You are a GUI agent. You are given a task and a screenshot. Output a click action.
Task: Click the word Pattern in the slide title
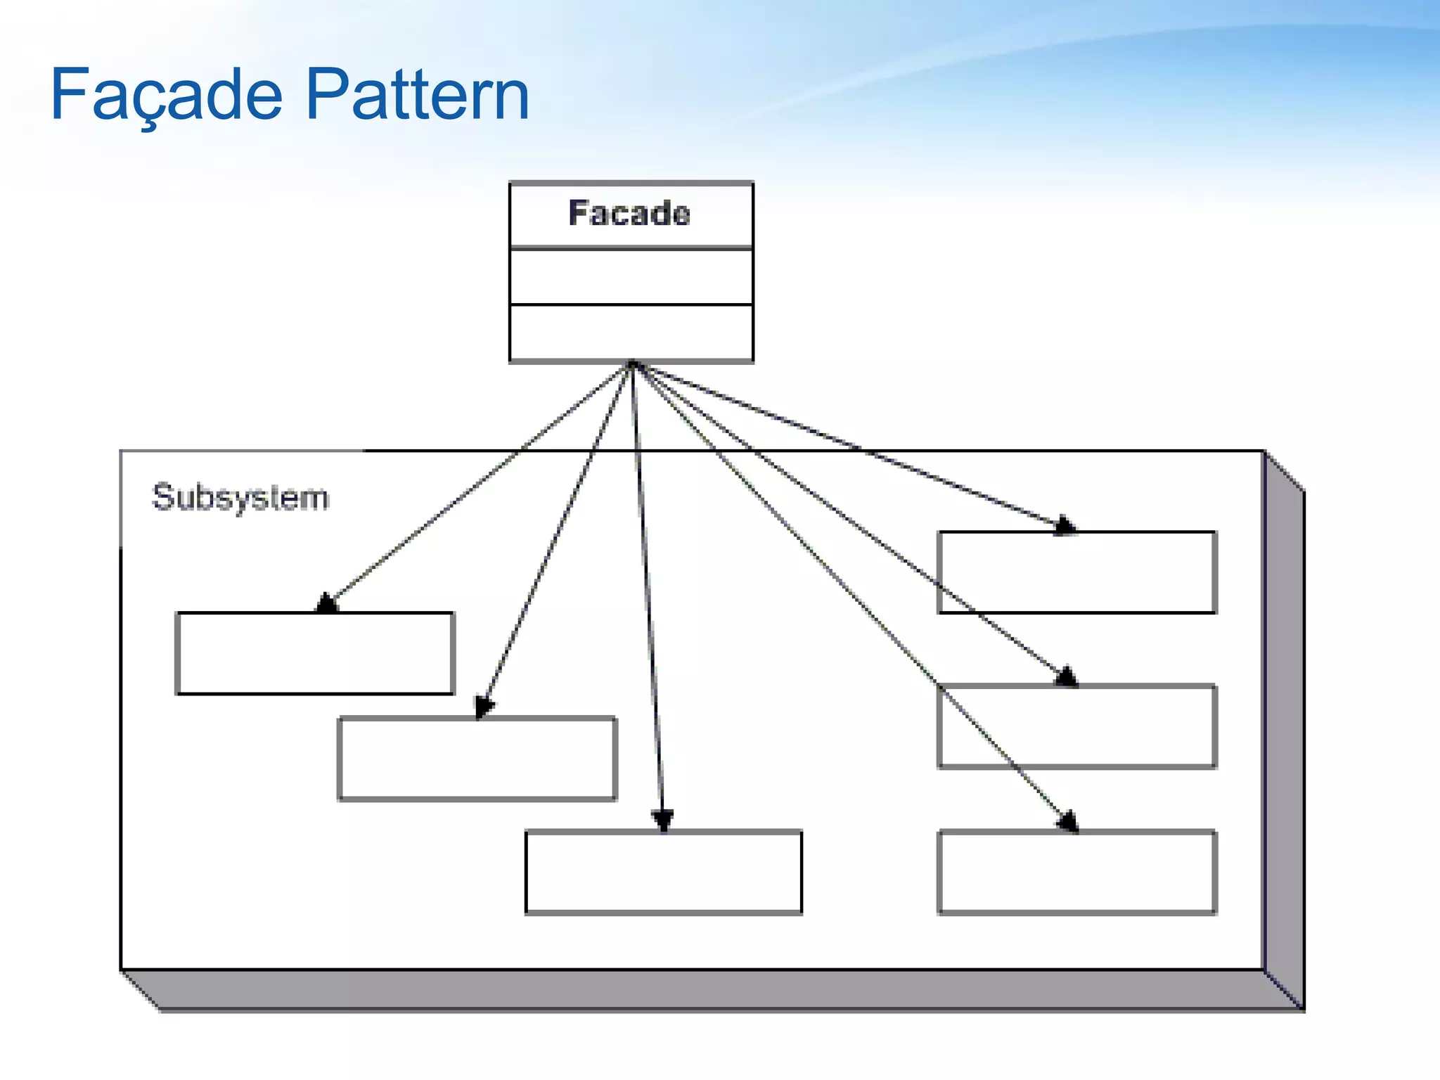pos(418,94)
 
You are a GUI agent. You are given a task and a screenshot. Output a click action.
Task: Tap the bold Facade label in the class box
pos(629,213)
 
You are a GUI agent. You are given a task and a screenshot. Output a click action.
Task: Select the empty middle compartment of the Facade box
pos(631,276)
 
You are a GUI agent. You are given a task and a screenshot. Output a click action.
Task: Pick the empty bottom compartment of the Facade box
pos(631,333)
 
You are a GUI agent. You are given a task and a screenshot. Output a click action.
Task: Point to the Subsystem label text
pos(240,498)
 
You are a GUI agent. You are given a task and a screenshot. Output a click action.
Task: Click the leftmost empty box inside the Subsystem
pos(315,653)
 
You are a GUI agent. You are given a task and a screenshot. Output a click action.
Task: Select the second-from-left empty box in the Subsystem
pos(477,759)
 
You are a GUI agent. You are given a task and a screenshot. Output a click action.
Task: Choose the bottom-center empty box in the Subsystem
pos(664,872)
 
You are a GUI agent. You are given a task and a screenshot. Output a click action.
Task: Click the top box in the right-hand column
pos(1076,572)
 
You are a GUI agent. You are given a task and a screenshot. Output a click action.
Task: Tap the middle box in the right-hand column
pos(1076,726)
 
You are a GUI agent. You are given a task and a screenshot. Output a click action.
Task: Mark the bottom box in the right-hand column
pos(1076,872)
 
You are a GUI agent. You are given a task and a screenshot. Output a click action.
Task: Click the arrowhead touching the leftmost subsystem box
pos(326,603)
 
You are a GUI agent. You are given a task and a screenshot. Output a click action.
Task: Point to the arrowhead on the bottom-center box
pos(662,821)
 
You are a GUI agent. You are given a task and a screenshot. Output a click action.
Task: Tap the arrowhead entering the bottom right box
pos(1069,821)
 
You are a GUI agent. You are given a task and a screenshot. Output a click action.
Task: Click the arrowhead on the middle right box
pos(1066,676)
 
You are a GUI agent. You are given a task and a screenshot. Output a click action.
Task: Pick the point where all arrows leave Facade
pos(632,364)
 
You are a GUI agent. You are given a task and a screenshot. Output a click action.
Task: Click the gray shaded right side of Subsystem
pos(1284,731)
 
